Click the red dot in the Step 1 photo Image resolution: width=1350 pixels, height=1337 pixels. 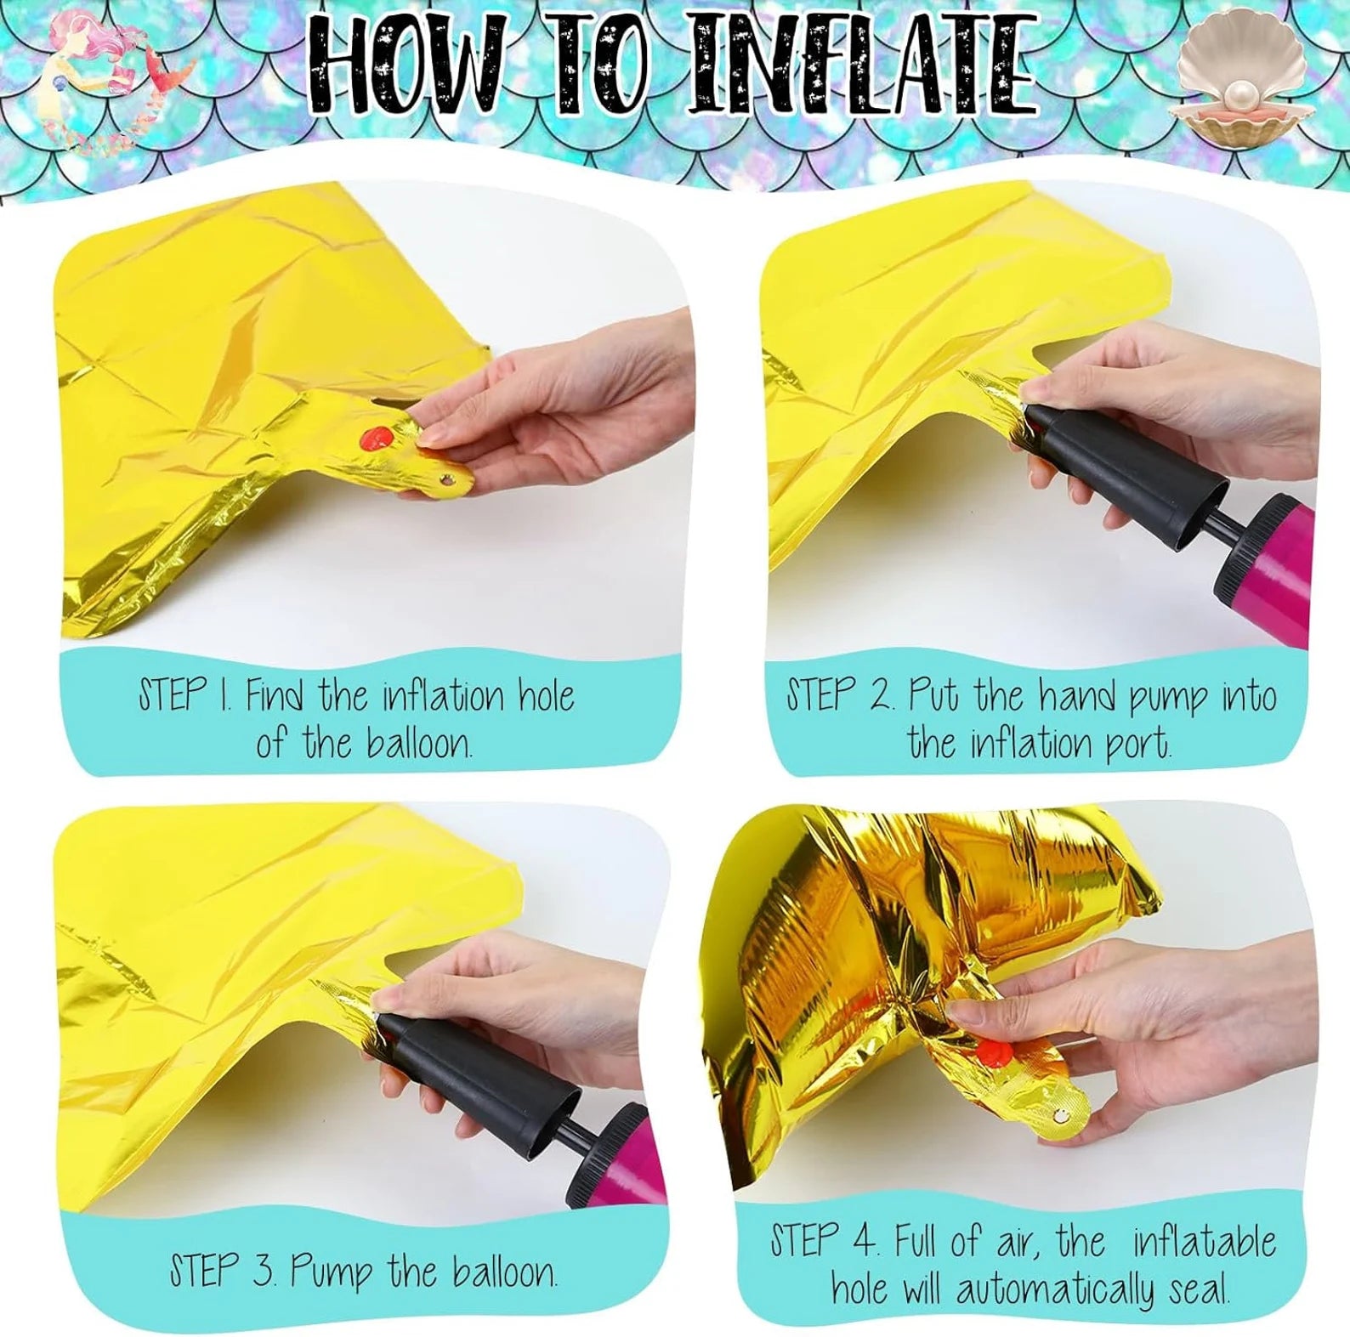[x=376, y=439]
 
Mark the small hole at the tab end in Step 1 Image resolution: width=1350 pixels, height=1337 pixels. [x=448, y=481]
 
